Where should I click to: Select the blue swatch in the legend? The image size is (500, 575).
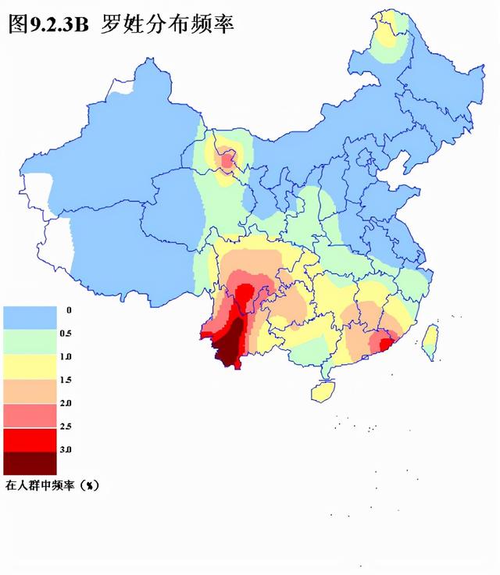coord(30,316)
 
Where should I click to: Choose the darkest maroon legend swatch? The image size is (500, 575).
coord(30,463)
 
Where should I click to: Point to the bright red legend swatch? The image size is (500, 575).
coord(30,439)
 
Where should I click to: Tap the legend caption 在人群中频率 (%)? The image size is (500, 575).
coord(53,485)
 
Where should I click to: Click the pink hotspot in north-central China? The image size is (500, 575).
coord(228,161)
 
